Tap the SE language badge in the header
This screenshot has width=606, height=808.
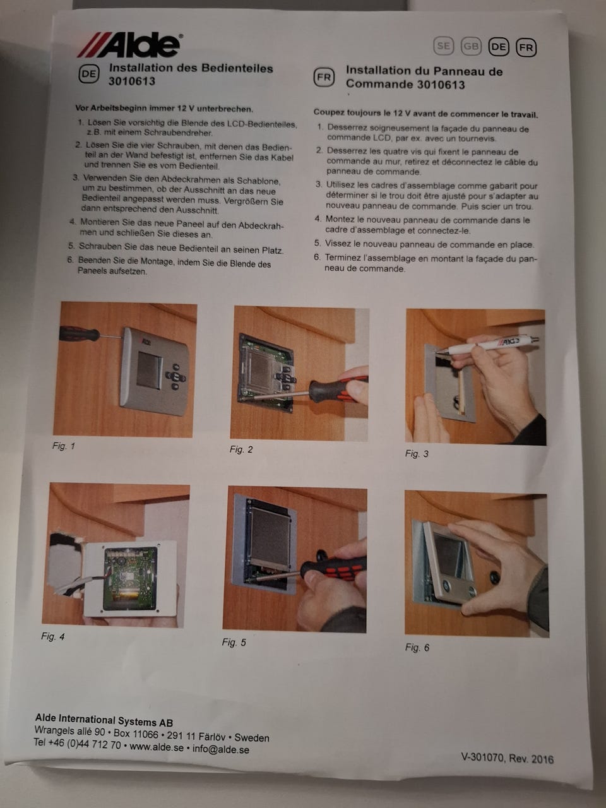pyautogui.click(x=443, y=46)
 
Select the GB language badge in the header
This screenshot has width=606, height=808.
pyautogui.click(x=471, y=46)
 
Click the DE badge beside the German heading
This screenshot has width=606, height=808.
pyautogui.click(x=89, y=74)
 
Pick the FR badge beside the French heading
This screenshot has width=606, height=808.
pyautogui.click(x=324, y=77)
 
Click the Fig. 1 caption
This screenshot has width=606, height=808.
pyautogui.click(x=64, y=446)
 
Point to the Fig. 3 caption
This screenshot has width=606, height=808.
pyautogui.click(x=417, y=453)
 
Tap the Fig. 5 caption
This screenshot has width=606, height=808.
pyautogui.click(x=234, y=643)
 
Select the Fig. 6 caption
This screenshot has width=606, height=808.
pyautogui.click(x=417, y=648)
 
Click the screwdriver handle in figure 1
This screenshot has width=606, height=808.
pyautogui.click(x=79, y=334)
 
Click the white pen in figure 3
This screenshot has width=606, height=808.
pyautogui.click(x=489, y=345)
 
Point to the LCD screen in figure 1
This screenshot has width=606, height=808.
pyautogui.click(x=149, y=371)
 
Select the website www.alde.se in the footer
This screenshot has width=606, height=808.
pyautogui.click(x=157, y=747)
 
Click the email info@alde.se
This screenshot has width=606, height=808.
pyautogui.click(x=221, y=749)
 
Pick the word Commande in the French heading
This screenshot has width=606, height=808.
pyautogui.click(x=380, y=84)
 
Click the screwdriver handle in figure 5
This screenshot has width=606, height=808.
pyautogui.click(x=333, y=565)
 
